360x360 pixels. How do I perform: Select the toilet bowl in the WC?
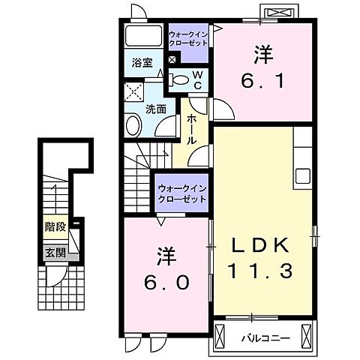coord(178,78)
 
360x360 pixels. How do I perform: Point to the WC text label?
coord(197,79)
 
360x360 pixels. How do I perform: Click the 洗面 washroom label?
coord(155,108)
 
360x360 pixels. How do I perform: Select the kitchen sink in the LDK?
coord(304,176)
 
